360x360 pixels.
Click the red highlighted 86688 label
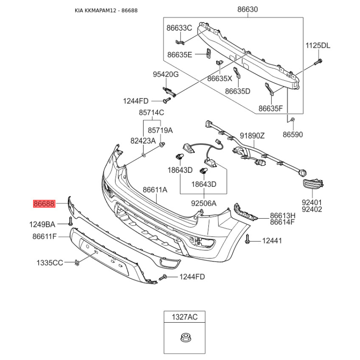coord(44,204)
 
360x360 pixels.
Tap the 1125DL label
coord(318,45)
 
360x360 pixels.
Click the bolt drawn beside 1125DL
coord(319,61)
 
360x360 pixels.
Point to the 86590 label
coord(293,134)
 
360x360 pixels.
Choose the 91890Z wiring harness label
coord(252,135)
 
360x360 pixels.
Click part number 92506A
coord(204,203)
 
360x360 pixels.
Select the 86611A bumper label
coord(155,190)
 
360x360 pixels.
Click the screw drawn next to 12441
coord(248,242)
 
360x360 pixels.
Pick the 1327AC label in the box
coord(184,318)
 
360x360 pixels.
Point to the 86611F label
coord(44,236)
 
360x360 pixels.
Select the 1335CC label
coord(49,262)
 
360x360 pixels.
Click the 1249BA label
coord(42,224)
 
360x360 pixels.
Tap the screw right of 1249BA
coord(71,221)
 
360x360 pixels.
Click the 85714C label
coord(151,112)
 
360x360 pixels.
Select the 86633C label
coord(179,28)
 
